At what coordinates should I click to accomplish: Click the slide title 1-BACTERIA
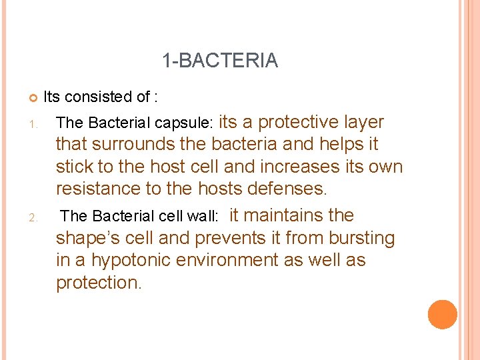[x=220, y=61]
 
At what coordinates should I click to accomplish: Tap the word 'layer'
[x=364, y=122]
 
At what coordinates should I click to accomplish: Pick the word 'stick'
[x=75, y=167]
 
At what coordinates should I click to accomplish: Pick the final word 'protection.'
[x=99, y=283]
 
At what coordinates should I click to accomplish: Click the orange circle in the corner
[x=443, y=315]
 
